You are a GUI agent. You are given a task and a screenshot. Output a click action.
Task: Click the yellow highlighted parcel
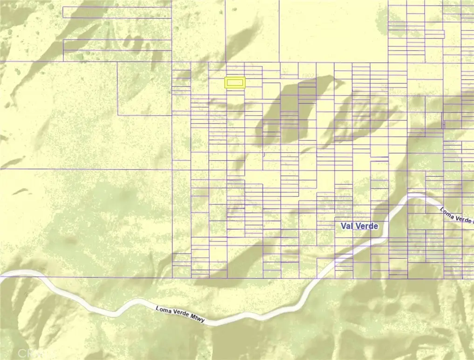tap(235, 83)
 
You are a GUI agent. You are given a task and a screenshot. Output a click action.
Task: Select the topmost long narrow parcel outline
tap(117, 12)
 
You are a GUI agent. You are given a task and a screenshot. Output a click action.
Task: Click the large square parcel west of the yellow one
tap(144, 89)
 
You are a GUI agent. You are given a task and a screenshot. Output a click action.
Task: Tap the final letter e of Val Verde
tap(376, 226)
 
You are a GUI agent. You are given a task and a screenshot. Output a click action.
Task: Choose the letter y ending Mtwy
tap(203, 321)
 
